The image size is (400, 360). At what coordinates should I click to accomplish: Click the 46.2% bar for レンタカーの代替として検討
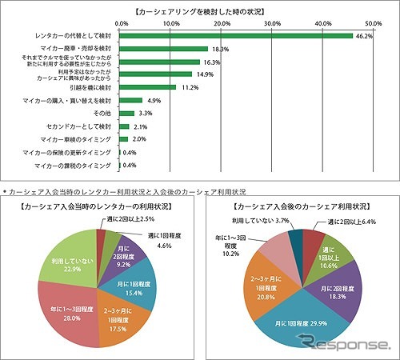[236, 36]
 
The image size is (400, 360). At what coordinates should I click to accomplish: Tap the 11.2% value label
[188, 87]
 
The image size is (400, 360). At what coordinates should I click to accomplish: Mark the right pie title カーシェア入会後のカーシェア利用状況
[300, 205]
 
